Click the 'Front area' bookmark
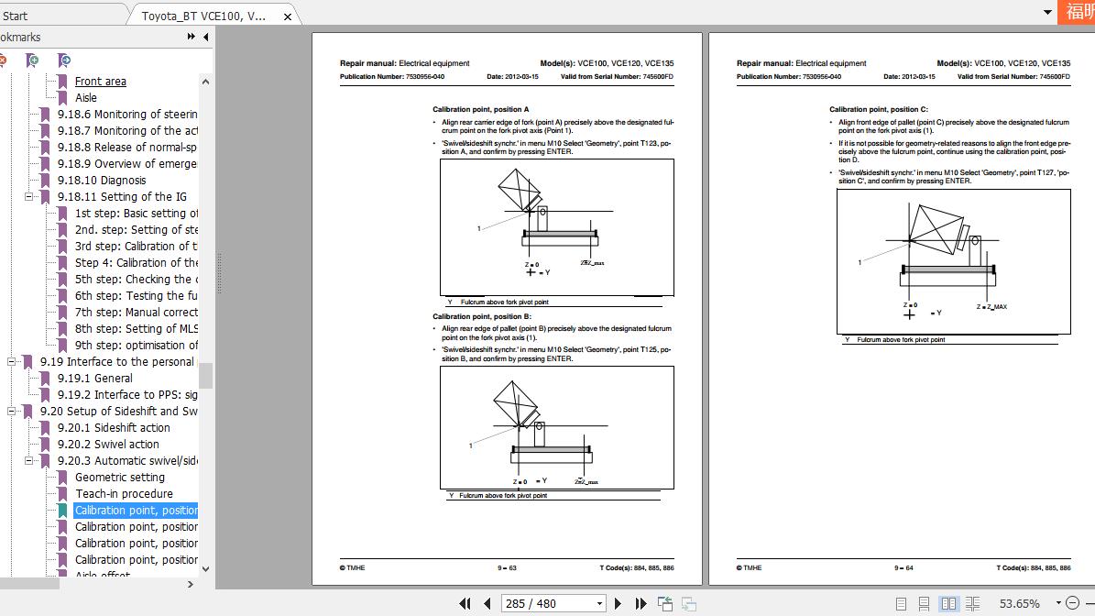100,82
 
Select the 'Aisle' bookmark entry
85,98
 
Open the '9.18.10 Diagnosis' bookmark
101,181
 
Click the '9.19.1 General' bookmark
94,379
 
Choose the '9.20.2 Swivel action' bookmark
107,445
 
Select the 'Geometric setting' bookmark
119,478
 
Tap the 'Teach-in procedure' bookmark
123,494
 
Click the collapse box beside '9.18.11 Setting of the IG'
28,197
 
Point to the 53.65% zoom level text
1020,603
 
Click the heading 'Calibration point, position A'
480,109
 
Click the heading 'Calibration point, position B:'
481,316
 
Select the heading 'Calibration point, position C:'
878,109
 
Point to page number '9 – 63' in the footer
507,568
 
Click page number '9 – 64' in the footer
903,568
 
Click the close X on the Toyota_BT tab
288,16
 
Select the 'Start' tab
16,16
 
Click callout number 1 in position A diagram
478,228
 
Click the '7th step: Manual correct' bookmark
136,313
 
